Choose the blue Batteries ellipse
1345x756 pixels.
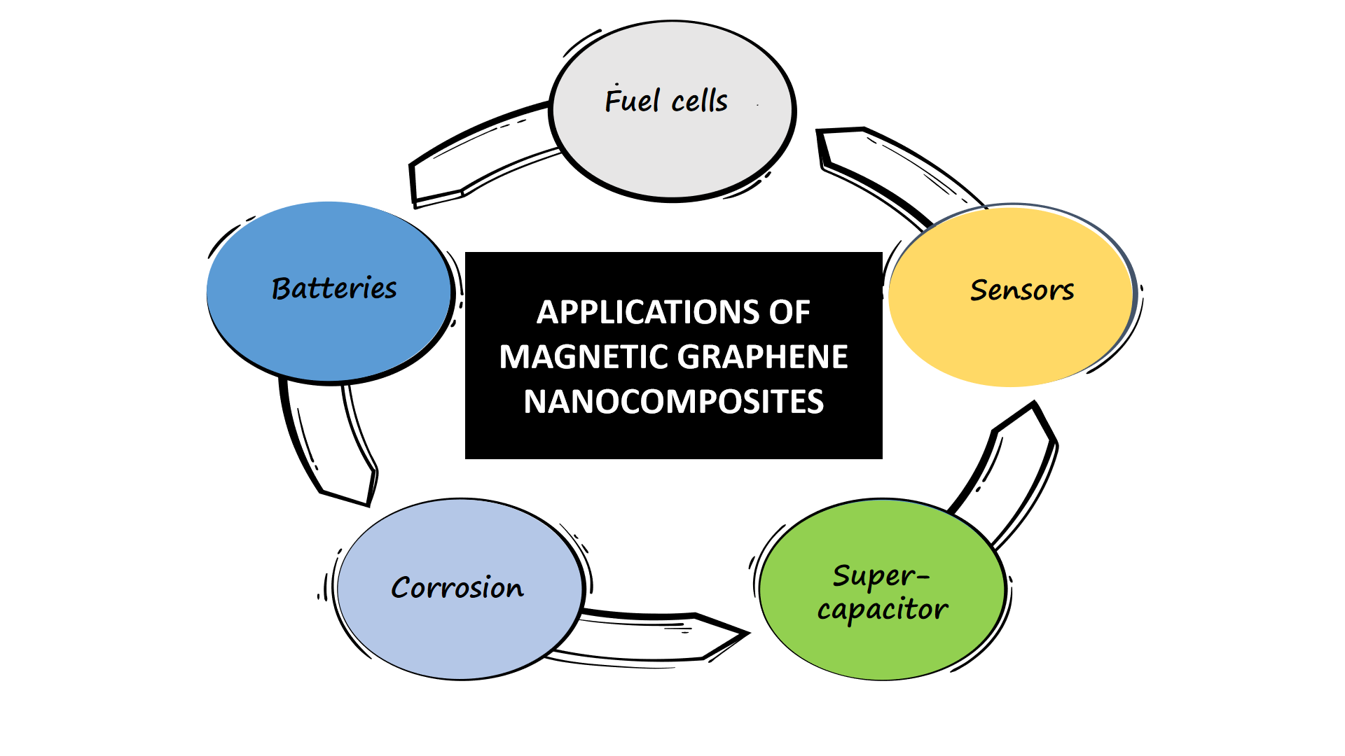click(x=329, y=336)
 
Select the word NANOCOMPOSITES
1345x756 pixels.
click(x=673, y=402)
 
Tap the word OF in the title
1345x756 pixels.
click(x=789, y=312)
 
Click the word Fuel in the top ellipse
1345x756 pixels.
click(x=632, y=101)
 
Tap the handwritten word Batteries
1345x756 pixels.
click(x=334, y=288)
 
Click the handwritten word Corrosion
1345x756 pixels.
click(x=457, y=587)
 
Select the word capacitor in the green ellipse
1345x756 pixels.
click(x=883, y=610)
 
